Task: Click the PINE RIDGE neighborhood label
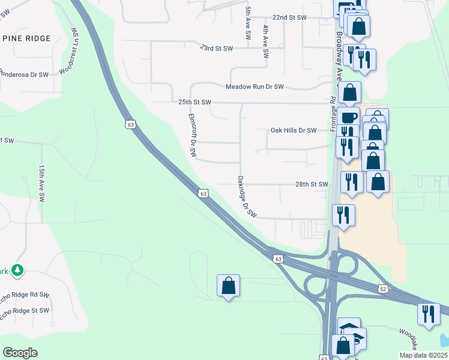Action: (x=35, y=38)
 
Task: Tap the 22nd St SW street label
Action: (x=289, y=17)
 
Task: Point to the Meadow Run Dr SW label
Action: (x=255, y=87)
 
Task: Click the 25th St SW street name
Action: (x=194, y=103)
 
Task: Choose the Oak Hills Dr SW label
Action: (x=293, y=130)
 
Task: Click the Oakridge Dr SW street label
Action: (x=247, y=197)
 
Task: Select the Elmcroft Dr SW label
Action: (x=193, y=136)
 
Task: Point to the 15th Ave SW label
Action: (x=41, y=184)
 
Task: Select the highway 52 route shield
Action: (x=383, y=289)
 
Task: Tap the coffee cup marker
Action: (x=348, y=117)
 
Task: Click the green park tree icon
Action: (x=19, y=271)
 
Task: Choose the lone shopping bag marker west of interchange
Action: (x=228, y=286)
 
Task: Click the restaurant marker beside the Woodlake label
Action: (x=429, y=314)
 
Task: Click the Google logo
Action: (x=20, y=353)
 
